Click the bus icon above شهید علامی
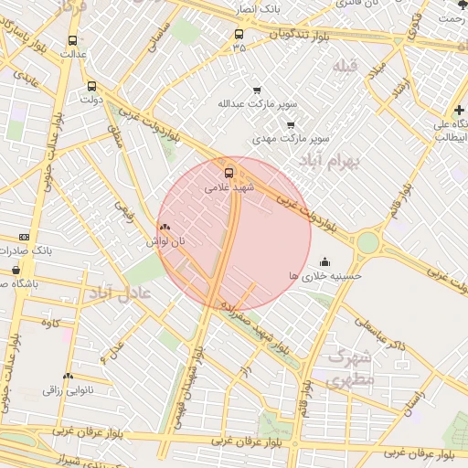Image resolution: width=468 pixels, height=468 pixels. (x=229, y=171)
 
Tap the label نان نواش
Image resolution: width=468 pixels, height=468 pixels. (x=165, y=241)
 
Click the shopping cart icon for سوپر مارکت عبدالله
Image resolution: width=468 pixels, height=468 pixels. (x=256, y=90)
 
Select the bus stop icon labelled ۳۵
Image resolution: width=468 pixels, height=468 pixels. (x=239, y=35)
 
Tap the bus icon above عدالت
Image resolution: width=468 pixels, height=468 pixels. (x=72, y=40)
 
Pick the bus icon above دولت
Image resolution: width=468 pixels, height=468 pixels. (x=90, y=87)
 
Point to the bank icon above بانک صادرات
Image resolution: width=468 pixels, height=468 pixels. (x=24, y=237)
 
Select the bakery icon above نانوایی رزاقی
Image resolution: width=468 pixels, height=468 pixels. (x=67, y=376)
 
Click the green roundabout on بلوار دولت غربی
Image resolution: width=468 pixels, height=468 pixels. (x=367, y=242)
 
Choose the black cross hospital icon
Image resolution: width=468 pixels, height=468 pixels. (x=458, y=111)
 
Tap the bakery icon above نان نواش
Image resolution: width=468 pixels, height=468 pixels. (x=165, y=228)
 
